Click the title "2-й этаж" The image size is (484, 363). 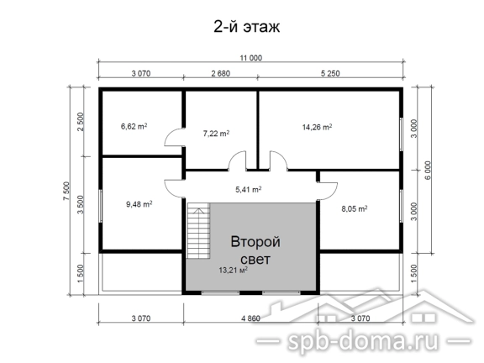click(247, 27)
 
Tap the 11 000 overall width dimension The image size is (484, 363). click(251, 58)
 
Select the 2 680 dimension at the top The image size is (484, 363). click(221, 74)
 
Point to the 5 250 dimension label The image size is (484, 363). click(330, 74)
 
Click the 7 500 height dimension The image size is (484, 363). click(67, 191)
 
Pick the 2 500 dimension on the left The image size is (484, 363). click(81, 122)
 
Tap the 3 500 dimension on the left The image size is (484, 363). click(81, 205)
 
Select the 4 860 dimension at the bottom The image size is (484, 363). click(250, 318)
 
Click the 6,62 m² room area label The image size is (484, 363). click(134, 126)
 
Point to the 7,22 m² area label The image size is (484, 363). click(216, 134)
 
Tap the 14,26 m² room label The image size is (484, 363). click(317, 127)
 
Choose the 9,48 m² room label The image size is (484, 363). click(139, 204)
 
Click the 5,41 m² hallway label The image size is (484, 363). click(249, 189)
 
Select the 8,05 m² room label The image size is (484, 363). click(355, 209)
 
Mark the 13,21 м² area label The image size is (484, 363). click(234, 271)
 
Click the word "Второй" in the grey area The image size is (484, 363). click(255, 242)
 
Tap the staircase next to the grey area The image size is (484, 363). click(198, 230)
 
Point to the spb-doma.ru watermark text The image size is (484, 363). click(363, 341)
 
